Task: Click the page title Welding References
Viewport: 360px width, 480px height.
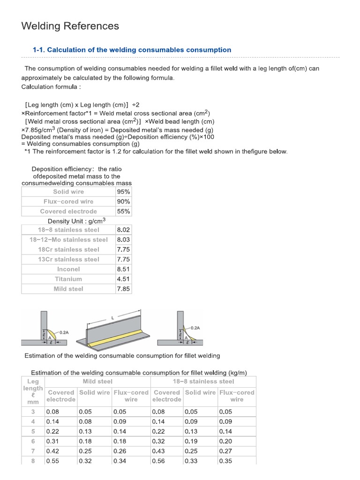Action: click(70, 26)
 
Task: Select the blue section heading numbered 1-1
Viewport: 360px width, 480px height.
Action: click(132, 50)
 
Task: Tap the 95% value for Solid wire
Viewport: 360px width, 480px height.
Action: click(123, 192)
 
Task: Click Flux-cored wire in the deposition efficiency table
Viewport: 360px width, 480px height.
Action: click(68, 202)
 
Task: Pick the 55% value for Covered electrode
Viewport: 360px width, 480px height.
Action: click(123, 211)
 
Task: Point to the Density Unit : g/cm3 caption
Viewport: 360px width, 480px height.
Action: click(76, 221)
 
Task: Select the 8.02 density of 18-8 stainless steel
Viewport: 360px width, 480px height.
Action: click(123, 230)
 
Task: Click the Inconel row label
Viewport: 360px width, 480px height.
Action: click(68, 269)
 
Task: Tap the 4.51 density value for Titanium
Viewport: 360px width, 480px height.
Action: click(123, 279)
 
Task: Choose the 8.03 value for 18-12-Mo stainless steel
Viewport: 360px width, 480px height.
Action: click(123, 240)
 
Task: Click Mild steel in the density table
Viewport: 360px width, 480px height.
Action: click(68, 289)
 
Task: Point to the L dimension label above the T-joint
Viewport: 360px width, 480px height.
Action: click(112, 318)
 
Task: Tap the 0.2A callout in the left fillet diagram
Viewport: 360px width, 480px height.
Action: click(63, 332)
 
